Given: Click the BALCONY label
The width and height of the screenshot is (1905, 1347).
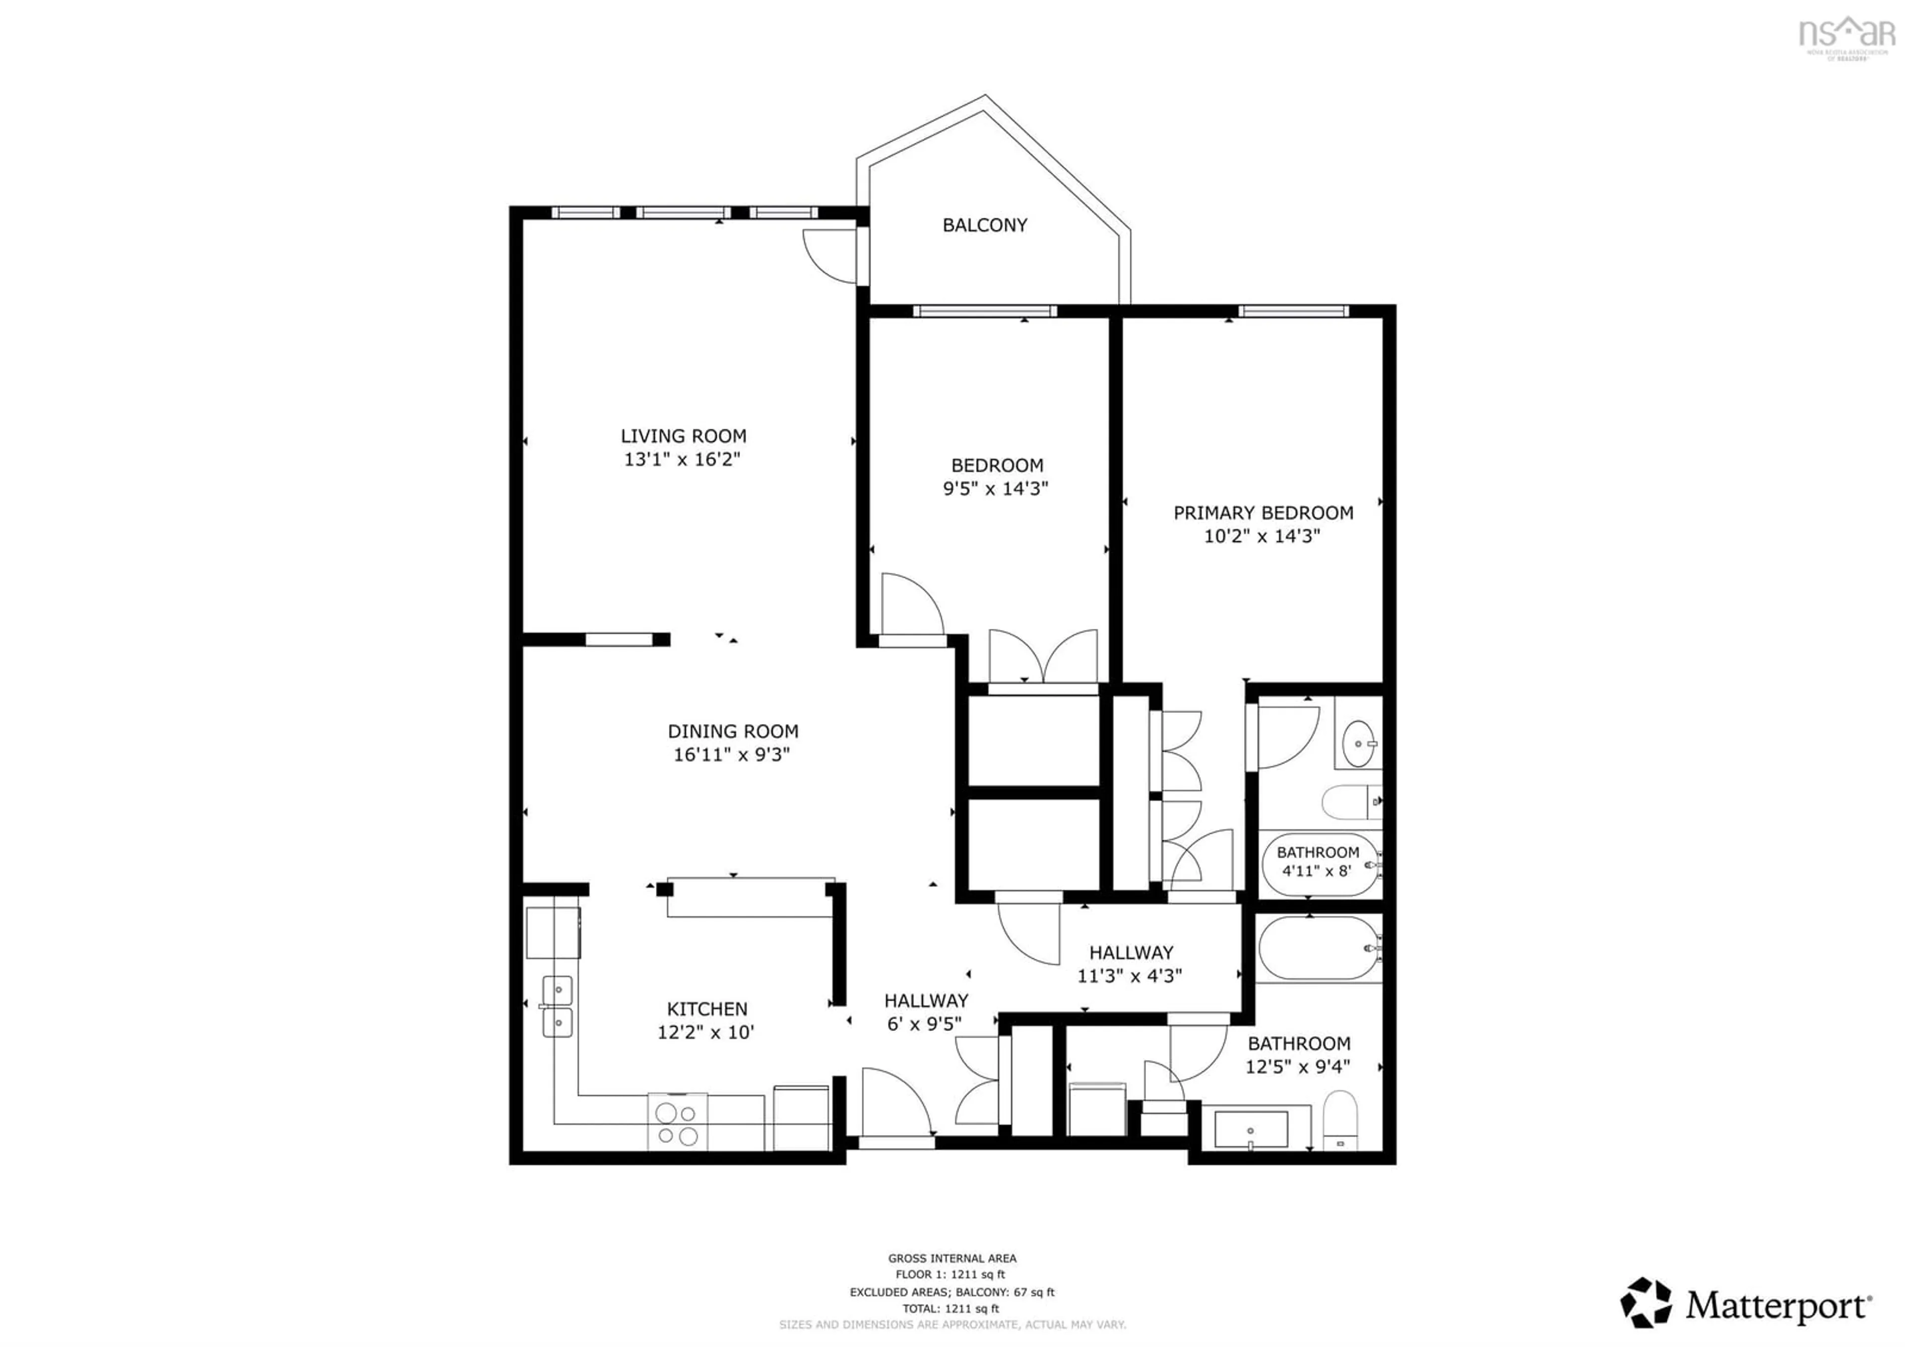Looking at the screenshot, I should [985, 225].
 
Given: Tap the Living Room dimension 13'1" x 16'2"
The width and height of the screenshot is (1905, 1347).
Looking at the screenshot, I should [682, 459].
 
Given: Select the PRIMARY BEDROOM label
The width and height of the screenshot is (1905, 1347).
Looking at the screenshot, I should [1263, 513].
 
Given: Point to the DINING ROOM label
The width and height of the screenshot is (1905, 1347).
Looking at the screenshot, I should [733, 731].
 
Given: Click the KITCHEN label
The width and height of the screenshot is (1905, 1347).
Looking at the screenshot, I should [707, 1009].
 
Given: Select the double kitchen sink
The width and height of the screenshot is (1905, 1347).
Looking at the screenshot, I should [558, 1006].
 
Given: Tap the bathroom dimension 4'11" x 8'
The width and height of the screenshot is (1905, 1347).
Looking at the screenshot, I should [1318, 871].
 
